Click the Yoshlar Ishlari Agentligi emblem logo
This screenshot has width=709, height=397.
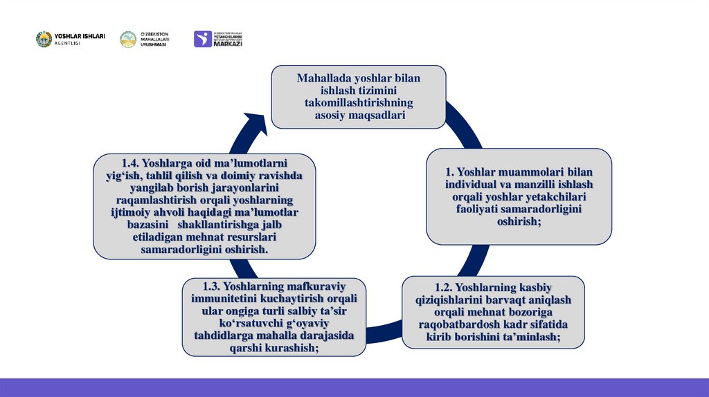point(44,39)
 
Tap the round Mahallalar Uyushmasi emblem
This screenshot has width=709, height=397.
point(128,39)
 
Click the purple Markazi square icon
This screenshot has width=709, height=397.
point(202,39)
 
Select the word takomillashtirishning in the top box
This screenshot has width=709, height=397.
point(358,103)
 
